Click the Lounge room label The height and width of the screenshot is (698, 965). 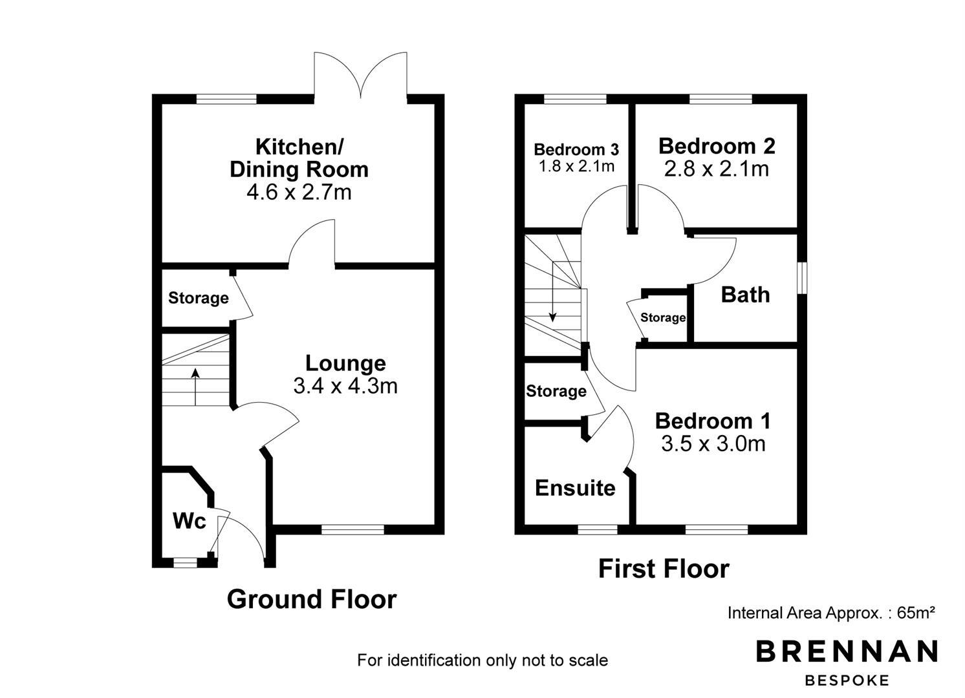click(345, 363)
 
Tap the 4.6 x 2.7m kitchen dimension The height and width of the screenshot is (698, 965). click(299, 192)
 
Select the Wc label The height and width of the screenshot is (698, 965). click(190, 521)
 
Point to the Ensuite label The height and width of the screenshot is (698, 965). click(575, 488)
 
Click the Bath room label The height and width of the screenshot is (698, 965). click(745, 295)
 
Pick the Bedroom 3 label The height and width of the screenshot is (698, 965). click(576, 149)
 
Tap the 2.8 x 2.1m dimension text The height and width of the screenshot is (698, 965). click(717, 169)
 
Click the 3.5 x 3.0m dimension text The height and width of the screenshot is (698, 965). click(713, 443)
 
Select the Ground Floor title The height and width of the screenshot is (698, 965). click(312, 599)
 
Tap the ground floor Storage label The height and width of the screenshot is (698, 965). click(198, 298)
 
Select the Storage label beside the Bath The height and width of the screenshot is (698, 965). click(663, 318)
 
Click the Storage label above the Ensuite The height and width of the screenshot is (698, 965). click(556, 391)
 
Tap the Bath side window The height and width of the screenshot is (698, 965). click(802, 278)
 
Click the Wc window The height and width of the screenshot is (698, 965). click(185, 562)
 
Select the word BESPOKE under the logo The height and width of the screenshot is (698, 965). click(847, 681)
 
